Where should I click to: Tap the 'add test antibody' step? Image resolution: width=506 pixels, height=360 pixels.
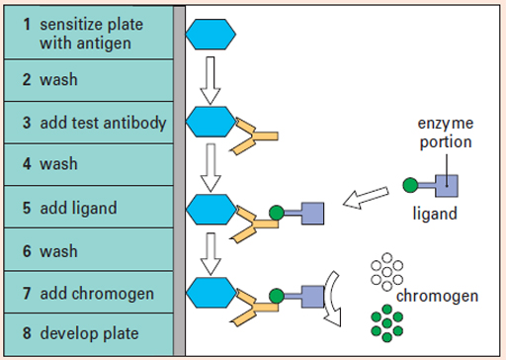[88, 124]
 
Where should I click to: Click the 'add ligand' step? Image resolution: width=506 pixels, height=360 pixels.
[88, 209]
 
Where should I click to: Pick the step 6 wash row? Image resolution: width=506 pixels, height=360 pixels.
[88, 251]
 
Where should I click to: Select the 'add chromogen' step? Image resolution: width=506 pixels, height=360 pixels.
[88, 294]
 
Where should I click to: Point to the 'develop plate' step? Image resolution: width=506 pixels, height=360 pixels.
[88, 334]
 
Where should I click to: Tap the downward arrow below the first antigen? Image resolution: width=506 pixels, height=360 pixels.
[211, 80]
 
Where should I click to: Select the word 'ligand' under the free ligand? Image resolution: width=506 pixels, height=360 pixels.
[434, 213]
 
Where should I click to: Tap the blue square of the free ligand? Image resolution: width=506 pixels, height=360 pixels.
[446, 184]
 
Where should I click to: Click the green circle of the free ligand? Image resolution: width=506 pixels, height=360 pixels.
[409, 184]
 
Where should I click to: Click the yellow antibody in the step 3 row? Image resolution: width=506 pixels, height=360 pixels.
[252, 130]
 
